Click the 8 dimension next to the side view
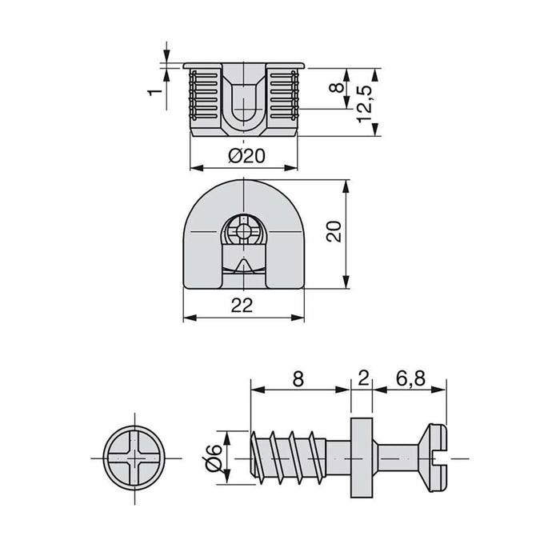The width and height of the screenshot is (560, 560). [336, 86]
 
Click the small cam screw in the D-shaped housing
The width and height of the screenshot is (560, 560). [243, 233]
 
